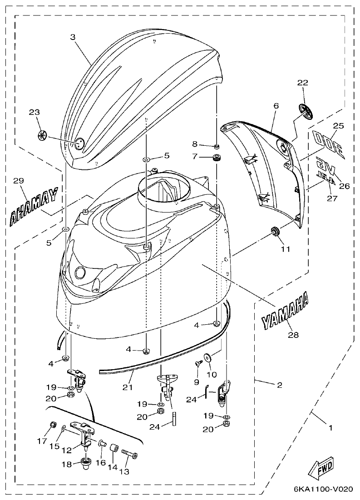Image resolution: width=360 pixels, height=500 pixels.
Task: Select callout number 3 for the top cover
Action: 73,38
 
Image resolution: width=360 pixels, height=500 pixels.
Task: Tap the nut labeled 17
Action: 53,426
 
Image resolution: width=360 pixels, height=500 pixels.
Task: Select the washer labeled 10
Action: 208,358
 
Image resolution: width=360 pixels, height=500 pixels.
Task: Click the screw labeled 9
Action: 199,363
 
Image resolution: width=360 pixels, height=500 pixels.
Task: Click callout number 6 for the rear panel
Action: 276,106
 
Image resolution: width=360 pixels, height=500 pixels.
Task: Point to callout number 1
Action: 330,428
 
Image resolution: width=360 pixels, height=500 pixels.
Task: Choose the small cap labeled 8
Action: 217,147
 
